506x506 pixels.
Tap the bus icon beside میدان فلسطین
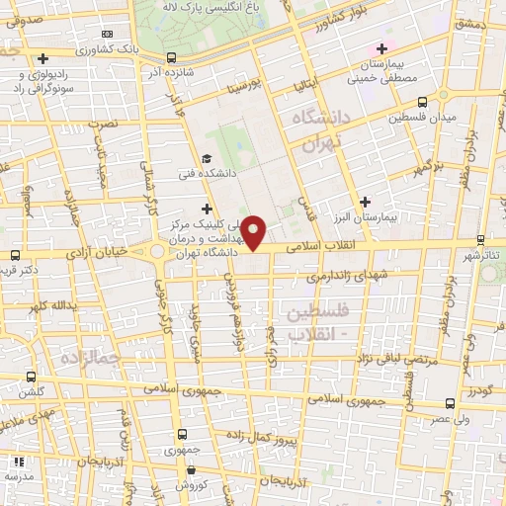point(423,101)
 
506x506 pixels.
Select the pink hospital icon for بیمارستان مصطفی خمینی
point(382,48)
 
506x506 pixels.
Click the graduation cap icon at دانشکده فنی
point(207,158)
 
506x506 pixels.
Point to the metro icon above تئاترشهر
point(480,239)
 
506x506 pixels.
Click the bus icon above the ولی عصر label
point(451,403)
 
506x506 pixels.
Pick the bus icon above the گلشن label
point(33,377)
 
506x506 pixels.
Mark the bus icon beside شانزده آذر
point(172,56)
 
